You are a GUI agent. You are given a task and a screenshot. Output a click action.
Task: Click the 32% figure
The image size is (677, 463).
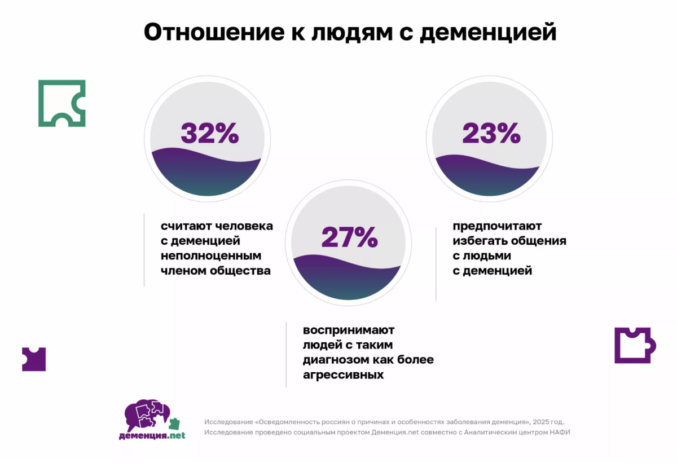click(209, 134)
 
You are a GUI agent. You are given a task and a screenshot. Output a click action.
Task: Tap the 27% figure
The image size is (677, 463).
click(349, 237)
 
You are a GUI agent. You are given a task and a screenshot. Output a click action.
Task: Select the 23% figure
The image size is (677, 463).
click(491, 134)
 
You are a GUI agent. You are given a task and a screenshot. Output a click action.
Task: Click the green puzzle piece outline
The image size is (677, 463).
click(61, 103)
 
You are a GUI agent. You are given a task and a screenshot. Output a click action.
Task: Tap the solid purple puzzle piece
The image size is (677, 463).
click(33, 359)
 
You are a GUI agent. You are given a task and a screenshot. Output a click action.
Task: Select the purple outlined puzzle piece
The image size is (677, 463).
click(634, 345)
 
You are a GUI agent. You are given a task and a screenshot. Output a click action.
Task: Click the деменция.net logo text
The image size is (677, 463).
click(152, 435)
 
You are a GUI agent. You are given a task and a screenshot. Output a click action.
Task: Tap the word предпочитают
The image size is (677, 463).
click(497, 226)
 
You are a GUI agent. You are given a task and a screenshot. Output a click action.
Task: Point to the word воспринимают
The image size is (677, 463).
click(349, 330)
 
